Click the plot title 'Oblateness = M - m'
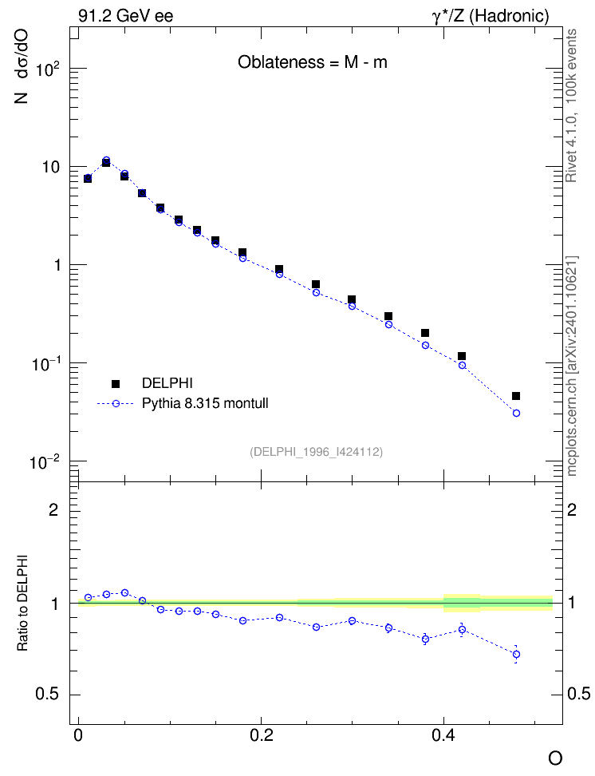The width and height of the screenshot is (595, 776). (x=312, y=62)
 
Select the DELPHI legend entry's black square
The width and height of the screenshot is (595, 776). (x=116, y=383)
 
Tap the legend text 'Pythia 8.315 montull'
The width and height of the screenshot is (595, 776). (x=205, y=403)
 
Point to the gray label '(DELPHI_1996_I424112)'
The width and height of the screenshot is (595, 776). (x=316, y=451)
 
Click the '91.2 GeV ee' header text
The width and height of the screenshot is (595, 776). (x=126, y=16)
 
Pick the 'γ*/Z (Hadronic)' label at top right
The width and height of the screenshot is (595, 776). (x=491, y=16)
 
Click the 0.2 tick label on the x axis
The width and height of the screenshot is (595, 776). (x=261, y=735)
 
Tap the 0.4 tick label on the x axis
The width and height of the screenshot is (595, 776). (x=443, y=735)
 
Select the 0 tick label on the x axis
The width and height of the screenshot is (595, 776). (x=78, y=735)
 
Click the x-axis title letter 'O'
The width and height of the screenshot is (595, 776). (x=555, y=758)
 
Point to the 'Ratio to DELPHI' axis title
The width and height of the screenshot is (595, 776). (x=22, y=602)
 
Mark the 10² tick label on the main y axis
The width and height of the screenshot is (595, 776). (x=48, y=69)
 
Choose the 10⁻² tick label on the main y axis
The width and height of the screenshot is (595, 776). (x=45, y=462)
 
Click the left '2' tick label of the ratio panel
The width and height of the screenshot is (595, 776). (x=53, y=509)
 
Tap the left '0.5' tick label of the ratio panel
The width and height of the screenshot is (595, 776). (x=47, y=695)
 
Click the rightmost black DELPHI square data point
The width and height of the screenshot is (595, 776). (x=516, y=396)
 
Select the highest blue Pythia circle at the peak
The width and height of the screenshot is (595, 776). (x=106, y=160)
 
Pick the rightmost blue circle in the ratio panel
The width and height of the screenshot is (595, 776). (x=516, y=655)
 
